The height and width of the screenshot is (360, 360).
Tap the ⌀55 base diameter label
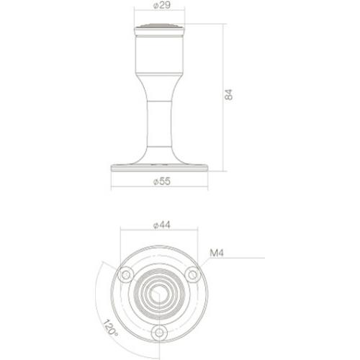click(160, 181)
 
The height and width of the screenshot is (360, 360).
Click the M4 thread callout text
click(215, 253)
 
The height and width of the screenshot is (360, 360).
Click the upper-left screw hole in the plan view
click(127, 274)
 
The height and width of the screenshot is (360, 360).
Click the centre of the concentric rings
click(159, 292)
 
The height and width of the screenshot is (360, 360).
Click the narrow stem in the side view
click(159, 122)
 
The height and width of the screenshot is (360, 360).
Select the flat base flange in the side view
click(159, 168)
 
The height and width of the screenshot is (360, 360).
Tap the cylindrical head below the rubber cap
click(159, 50)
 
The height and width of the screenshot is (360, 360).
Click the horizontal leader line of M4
click(238, 258)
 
